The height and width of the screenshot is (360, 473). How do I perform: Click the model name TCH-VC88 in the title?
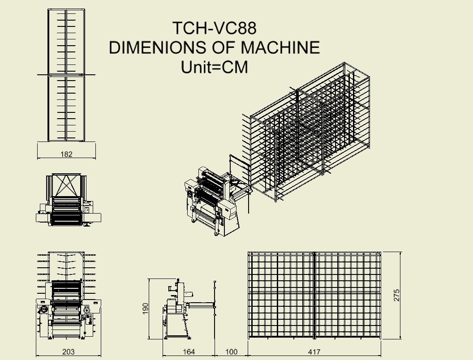tap(215, 28)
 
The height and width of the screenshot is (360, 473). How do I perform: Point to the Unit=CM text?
tap(215, 67)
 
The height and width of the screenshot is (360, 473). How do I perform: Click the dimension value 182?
tap(66, 154)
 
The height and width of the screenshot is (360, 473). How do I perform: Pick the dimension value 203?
tap(68, 352)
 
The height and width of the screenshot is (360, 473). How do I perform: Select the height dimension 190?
tap(146, 309)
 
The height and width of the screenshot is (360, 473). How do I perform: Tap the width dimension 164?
tap(189, 352)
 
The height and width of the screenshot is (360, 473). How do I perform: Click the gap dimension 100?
tap(232, 352)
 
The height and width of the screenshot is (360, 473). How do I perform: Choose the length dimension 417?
tap(314, 352)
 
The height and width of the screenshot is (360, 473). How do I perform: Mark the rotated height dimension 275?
tap(396, 295)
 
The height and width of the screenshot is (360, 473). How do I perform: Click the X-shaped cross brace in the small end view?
tap(66, 185)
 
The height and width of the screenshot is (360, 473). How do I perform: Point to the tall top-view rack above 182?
tap(66, 75)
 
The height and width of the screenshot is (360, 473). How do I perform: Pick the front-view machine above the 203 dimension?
tap(69, 295)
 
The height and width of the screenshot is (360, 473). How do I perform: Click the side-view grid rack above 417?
tap(314, 296)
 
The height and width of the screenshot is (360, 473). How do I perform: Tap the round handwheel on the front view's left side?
tap(44, 309)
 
